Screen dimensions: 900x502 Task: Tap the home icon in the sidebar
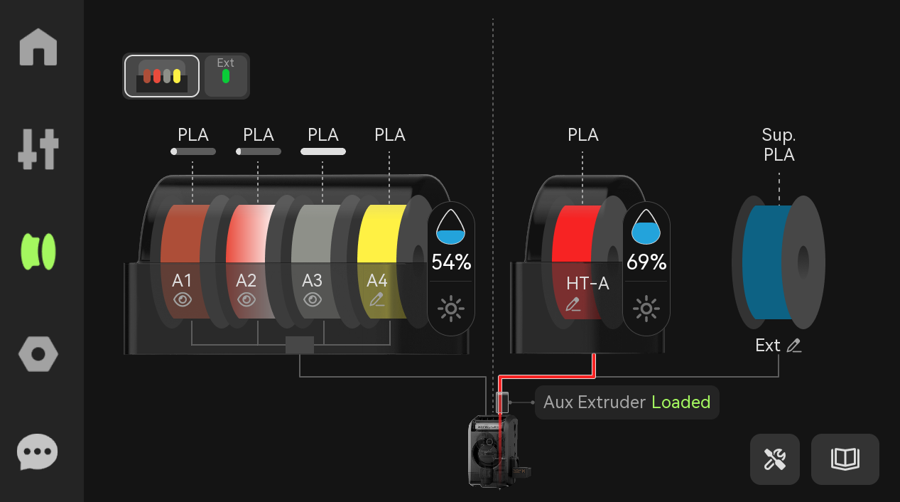tap(38, 47)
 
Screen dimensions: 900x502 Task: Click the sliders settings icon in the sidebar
tap(38, 149)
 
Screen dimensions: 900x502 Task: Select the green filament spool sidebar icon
tap(38, 252)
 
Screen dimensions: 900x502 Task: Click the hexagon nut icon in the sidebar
tap(38, 354)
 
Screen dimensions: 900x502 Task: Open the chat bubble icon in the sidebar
tap(38, 452)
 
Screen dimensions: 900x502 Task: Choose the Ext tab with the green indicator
tap(226, 76)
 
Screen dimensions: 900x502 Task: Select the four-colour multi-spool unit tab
tap(162, 76)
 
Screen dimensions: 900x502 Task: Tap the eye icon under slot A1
tap(183, 300)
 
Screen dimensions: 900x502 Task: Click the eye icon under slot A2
tap(246, 300)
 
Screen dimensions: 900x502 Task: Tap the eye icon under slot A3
tap(313, 300)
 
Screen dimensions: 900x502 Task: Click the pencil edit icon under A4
tap(376, 299)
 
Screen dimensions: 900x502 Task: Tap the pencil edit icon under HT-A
tap(573, 304)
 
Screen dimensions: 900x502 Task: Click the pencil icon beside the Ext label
tap(794, 346)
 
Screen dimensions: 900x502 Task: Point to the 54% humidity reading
tap(451, 262)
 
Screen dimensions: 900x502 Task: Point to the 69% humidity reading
tap(646, 262)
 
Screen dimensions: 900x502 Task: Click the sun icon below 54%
tap(451, 309)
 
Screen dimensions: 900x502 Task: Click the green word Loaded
tap(681, 402)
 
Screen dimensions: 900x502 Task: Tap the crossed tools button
tap(775, 459)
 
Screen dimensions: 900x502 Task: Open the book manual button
tap(845, 459)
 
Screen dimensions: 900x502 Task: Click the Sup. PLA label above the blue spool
tap(779, 145)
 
